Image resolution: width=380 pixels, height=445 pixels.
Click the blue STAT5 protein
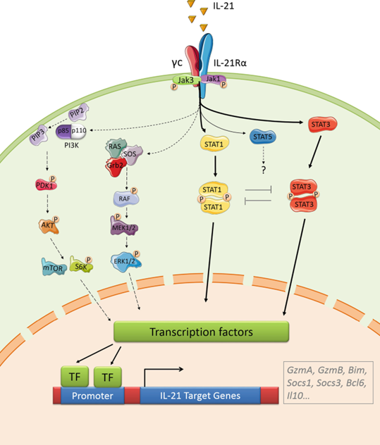[x=263, y=137]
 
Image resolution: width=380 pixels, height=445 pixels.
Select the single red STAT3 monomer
[x=322, y=125]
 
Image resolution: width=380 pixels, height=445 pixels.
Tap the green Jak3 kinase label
[x=185, y=80]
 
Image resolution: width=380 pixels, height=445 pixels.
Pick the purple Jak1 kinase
[x=213, y=79]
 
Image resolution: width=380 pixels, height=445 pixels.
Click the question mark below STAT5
[x=264, y=170]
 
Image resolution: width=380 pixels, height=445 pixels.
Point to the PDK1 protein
[x=46, y=185]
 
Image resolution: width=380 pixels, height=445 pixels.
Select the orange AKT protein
[x=49, y=225]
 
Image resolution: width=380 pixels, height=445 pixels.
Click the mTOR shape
[x=54, y=267]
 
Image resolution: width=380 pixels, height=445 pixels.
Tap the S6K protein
[x=81, y=265]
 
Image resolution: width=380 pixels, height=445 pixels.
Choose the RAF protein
[x=126, y=199]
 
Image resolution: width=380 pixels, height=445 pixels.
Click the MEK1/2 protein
[x=124, y=226]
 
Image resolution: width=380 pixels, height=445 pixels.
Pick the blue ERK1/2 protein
[x=125, y=261]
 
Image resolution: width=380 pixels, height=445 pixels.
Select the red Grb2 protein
[x=115, y=167]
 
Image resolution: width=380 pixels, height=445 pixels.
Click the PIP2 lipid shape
[x=78, y=113]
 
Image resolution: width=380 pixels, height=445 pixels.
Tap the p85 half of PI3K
[x=63, y=131]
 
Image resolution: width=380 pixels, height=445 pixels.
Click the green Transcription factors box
[x=201, y=332]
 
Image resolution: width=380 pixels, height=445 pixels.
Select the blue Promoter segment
[x=92, y=396]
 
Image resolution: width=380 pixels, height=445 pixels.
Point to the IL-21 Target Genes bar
[x=200, y=396]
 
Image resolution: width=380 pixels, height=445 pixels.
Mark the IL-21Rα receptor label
[x=230, y=63]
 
